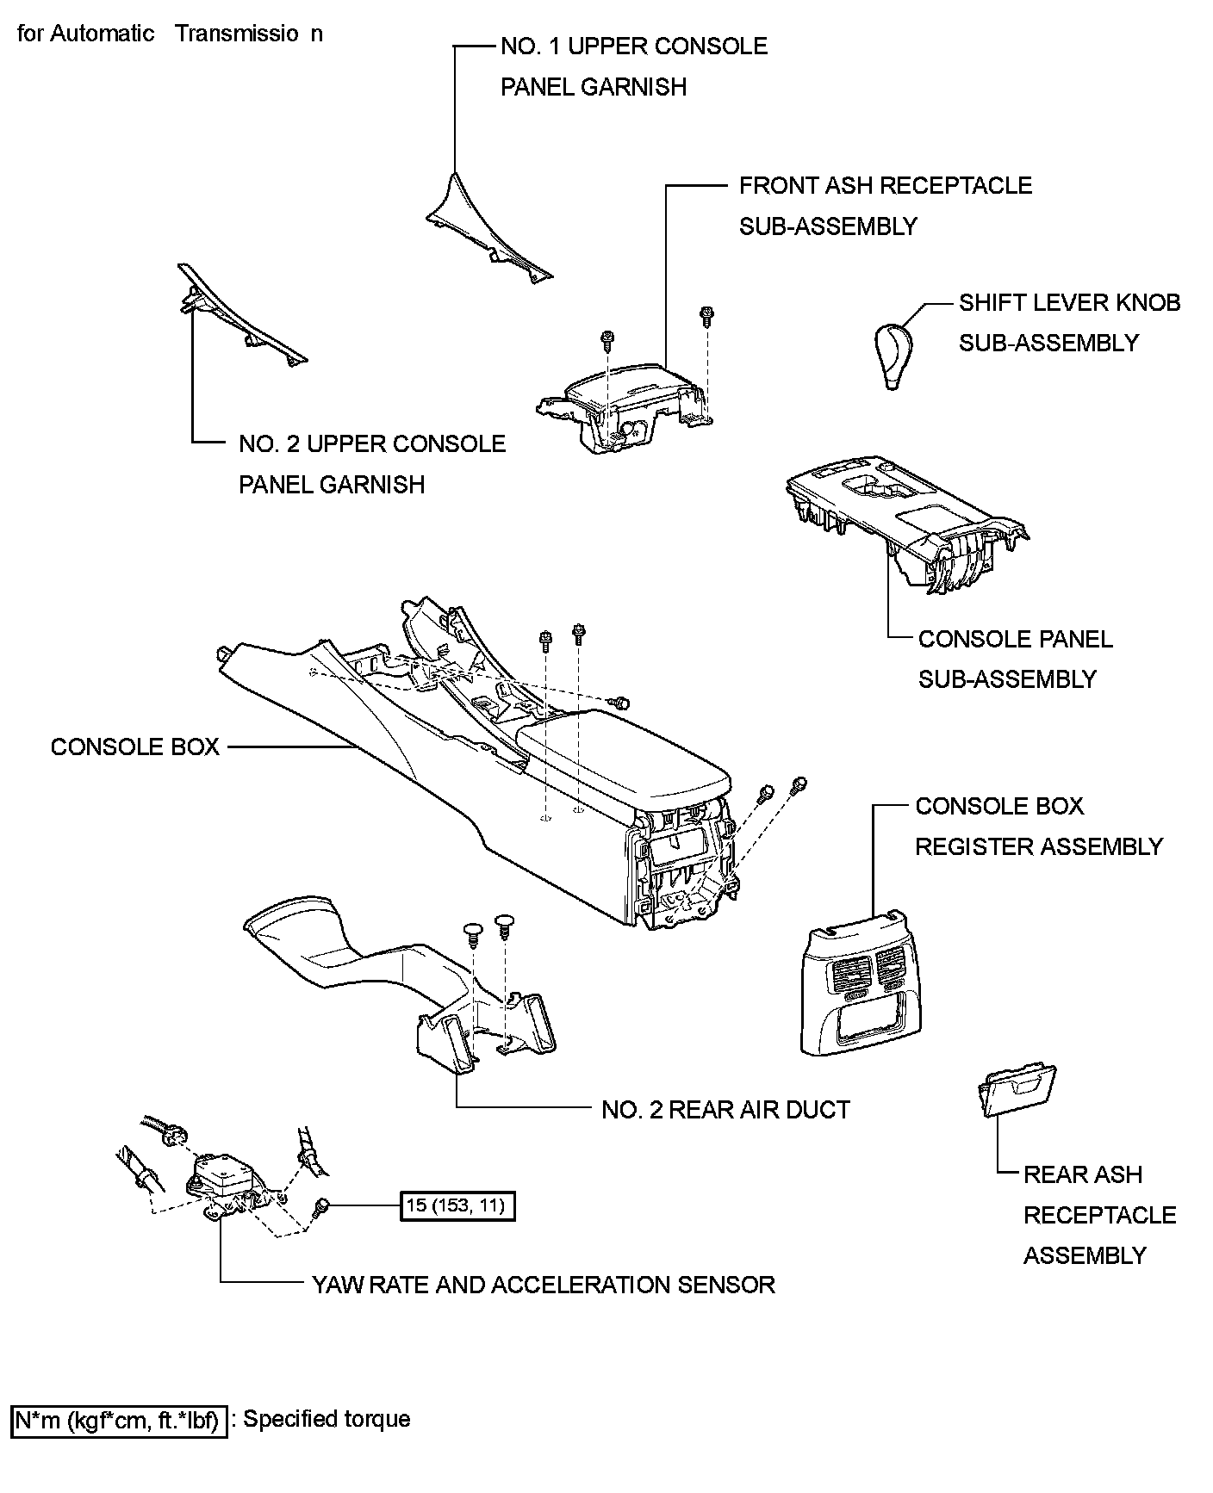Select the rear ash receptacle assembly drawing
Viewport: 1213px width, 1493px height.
coord(1017,1091)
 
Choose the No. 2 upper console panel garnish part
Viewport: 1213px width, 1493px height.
coord(241,319)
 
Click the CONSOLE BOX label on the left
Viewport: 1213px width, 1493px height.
coord(135,746)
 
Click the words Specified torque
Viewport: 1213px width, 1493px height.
coord(327,1419)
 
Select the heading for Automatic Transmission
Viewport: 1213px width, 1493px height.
coord(171,34)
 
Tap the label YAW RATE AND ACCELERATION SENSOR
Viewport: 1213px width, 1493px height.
coord(544,1285)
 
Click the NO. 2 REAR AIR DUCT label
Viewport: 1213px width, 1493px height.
coord(725,1110)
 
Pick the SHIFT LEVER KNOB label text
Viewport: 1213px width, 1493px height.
coord(1069,303)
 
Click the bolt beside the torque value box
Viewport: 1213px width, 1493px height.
coord(321,1207)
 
